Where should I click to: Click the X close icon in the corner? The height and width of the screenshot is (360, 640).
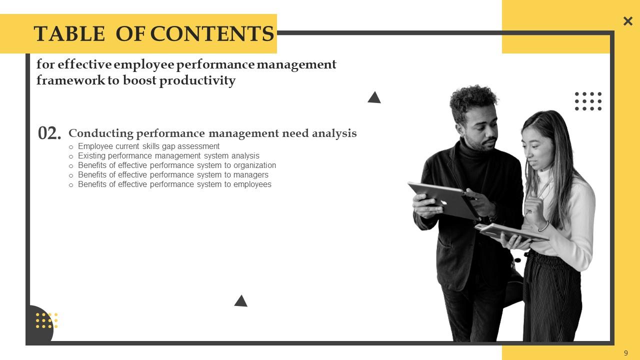point(628,21)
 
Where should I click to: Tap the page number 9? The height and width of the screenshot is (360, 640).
point(626,353)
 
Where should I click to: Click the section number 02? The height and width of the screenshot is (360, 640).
point(49,133)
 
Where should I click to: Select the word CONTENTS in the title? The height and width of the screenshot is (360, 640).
point(212,34)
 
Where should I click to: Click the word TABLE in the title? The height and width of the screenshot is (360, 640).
point(69,34)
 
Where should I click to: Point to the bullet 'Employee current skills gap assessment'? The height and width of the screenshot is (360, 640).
point(148,146)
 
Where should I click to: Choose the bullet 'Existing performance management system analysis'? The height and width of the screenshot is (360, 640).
point(168,156)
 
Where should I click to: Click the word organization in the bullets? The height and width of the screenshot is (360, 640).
point(254,165)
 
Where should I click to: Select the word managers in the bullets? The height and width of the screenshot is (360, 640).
point(250,175)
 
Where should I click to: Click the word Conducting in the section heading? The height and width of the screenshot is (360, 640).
point(101,133)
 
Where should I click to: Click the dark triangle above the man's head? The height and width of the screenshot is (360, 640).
point(374,97)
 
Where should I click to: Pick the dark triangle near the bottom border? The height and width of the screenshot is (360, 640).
point(241,301)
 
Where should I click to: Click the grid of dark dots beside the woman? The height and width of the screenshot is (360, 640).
point(588,101)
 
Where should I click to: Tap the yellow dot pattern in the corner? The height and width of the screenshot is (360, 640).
point(46,320)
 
